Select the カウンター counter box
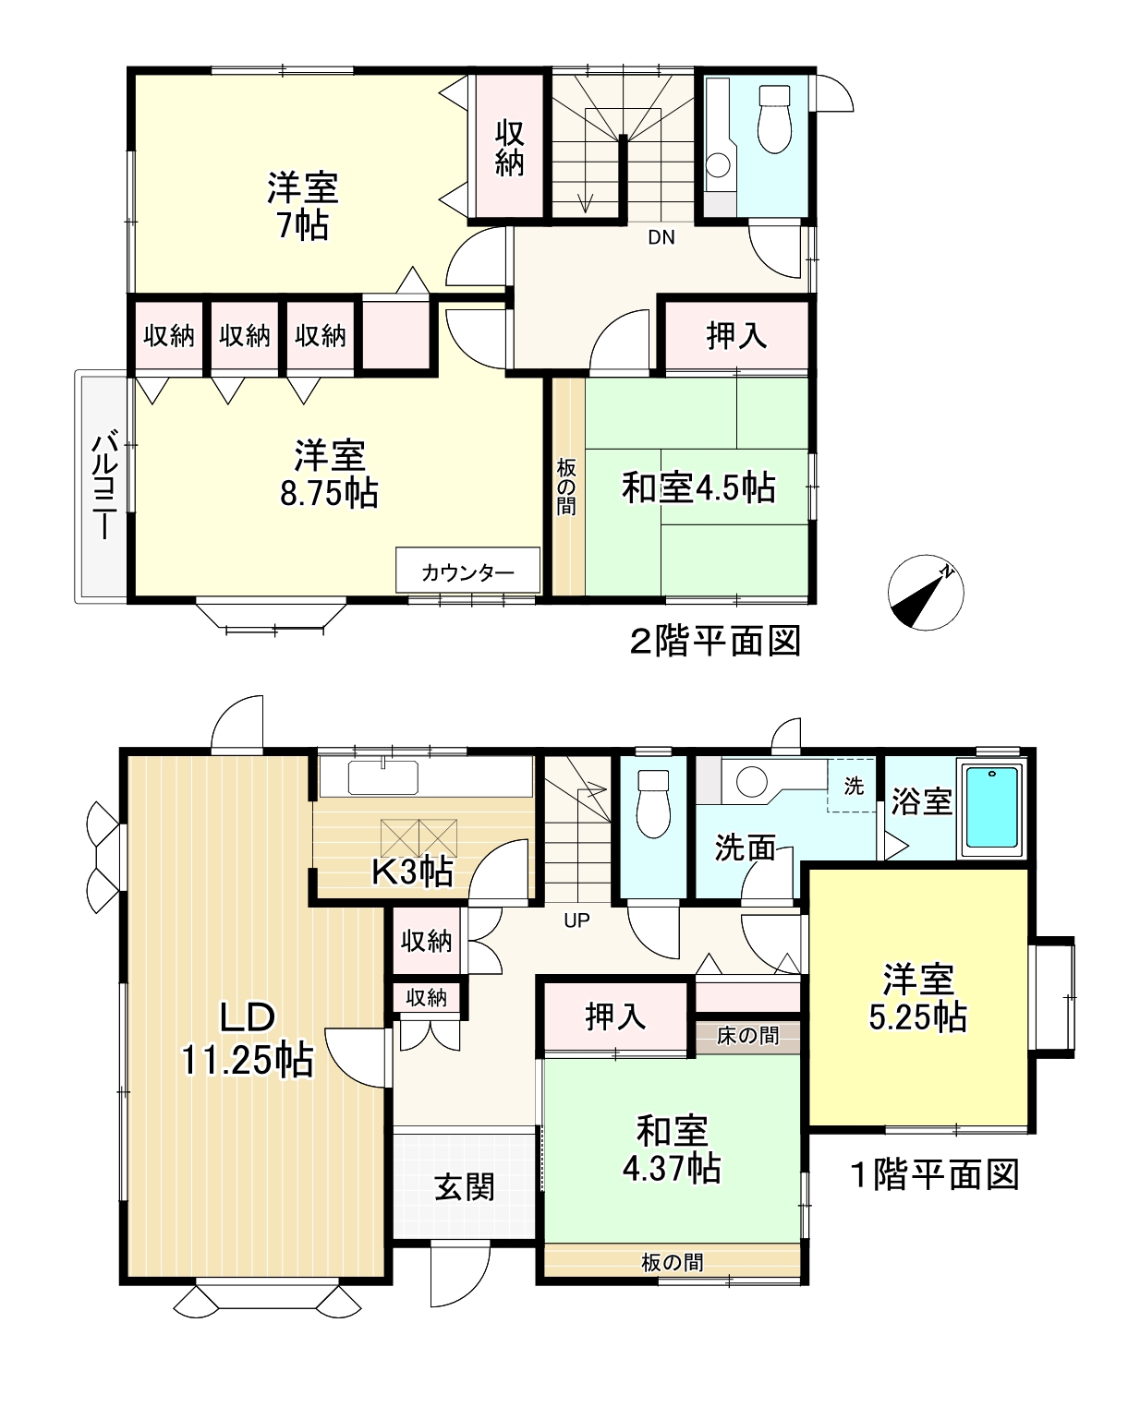467,571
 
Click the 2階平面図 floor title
714,641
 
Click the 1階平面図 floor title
934,1174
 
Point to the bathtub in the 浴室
992,810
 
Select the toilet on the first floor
653,802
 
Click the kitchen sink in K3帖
383,778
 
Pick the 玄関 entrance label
464,1186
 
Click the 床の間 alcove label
747,1036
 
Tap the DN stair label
661,237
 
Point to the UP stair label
576,920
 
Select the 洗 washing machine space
854,786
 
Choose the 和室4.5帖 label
698,487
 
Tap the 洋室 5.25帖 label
917,997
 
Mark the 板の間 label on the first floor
672,1261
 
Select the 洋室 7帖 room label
303,206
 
